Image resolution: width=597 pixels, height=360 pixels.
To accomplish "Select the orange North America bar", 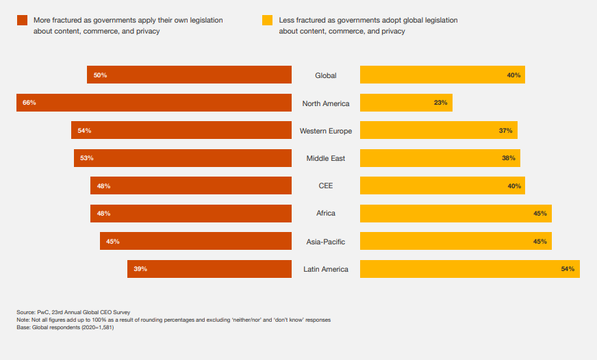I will click(x=154, y=103).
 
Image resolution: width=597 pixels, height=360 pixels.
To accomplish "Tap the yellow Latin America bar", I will click(x=470, y=269).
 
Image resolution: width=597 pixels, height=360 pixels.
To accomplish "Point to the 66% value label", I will click(x=29, y=103).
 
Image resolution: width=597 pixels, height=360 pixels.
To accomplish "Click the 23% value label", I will click(x=440, y=103).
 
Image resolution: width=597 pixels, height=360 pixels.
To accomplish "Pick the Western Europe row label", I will click(x=326, y=131).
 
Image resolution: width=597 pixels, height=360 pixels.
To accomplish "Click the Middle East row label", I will click(x=326, y=158).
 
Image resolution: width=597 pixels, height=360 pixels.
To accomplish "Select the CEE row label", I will click(x=326, y=186).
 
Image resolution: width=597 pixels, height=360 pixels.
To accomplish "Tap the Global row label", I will click(x=326, y=75).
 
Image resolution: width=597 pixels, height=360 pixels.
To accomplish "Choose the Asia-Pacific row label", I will click(x=326, y=242).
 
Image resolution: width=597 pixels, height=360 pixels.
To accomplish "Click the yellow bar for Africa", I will click(x=456, y=214).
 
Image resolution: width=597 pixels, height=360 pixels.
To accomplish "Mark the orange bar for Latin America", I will click(x=209, y=269).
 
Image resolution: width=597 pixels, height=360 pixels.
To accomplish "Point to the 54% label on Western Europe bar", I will click(x=84, y=131).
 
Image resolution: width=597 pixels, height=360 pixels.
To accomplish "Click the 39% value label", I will click(x=140, y=269).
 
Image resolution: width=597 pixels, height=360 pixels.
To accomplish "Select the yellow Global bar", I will click(x=442, y=75).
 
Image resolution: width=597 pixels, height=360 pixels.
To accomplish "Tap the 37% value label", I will click(x=506, y=131).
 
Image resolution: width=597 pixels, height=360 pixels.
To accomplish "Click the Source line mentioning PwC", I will click(x=73, y=312).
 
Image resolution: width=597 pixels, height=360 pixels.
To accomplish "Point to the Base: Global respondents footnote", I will click(x=65, y=327).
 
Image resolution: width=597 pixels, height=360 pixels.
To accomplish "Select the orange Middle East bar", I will click(x=183, y=158).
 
